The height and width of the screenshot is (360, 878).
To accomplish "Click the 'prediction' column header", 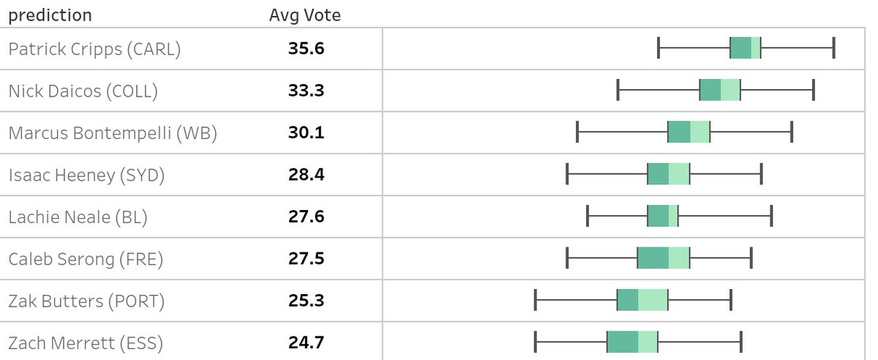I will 50,15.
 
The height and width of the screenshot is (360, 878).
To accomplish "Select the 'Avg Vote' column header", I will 304,15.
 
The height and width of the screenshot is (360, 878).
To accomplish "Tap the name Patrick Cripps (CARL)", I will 94,49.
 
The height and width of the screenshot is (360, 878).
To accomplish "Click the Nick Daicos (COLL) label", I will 83,91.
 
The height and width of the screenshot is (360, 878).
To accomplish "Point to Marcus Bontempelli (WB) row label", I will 113,133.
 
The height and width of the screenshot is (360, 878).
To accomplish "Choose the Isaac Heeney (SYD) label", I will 86,175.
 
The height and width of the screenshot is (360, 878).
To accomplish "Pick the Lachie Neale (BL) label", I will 78,217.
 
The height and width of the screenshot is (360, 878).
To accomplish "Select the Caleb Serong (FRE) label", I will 86,258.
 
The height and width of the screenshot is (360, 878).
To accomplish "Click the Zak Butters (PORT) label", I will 86,300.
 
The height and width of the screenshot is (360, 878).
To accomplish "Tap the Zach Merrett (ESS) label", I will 86,342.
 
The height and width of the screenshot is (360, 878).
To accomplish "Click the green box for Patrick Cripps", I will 746,48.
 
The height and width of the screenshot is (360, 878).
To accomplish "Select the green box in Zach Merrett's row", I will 632,342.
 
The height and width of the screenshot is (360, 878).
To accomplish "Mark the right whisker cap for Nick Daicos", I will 814,90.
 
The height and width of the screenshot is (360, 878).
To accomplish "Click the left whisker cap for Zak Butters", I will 536,300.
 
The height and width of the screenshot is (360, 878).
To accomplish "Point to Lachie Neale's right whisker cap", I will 772,217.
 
